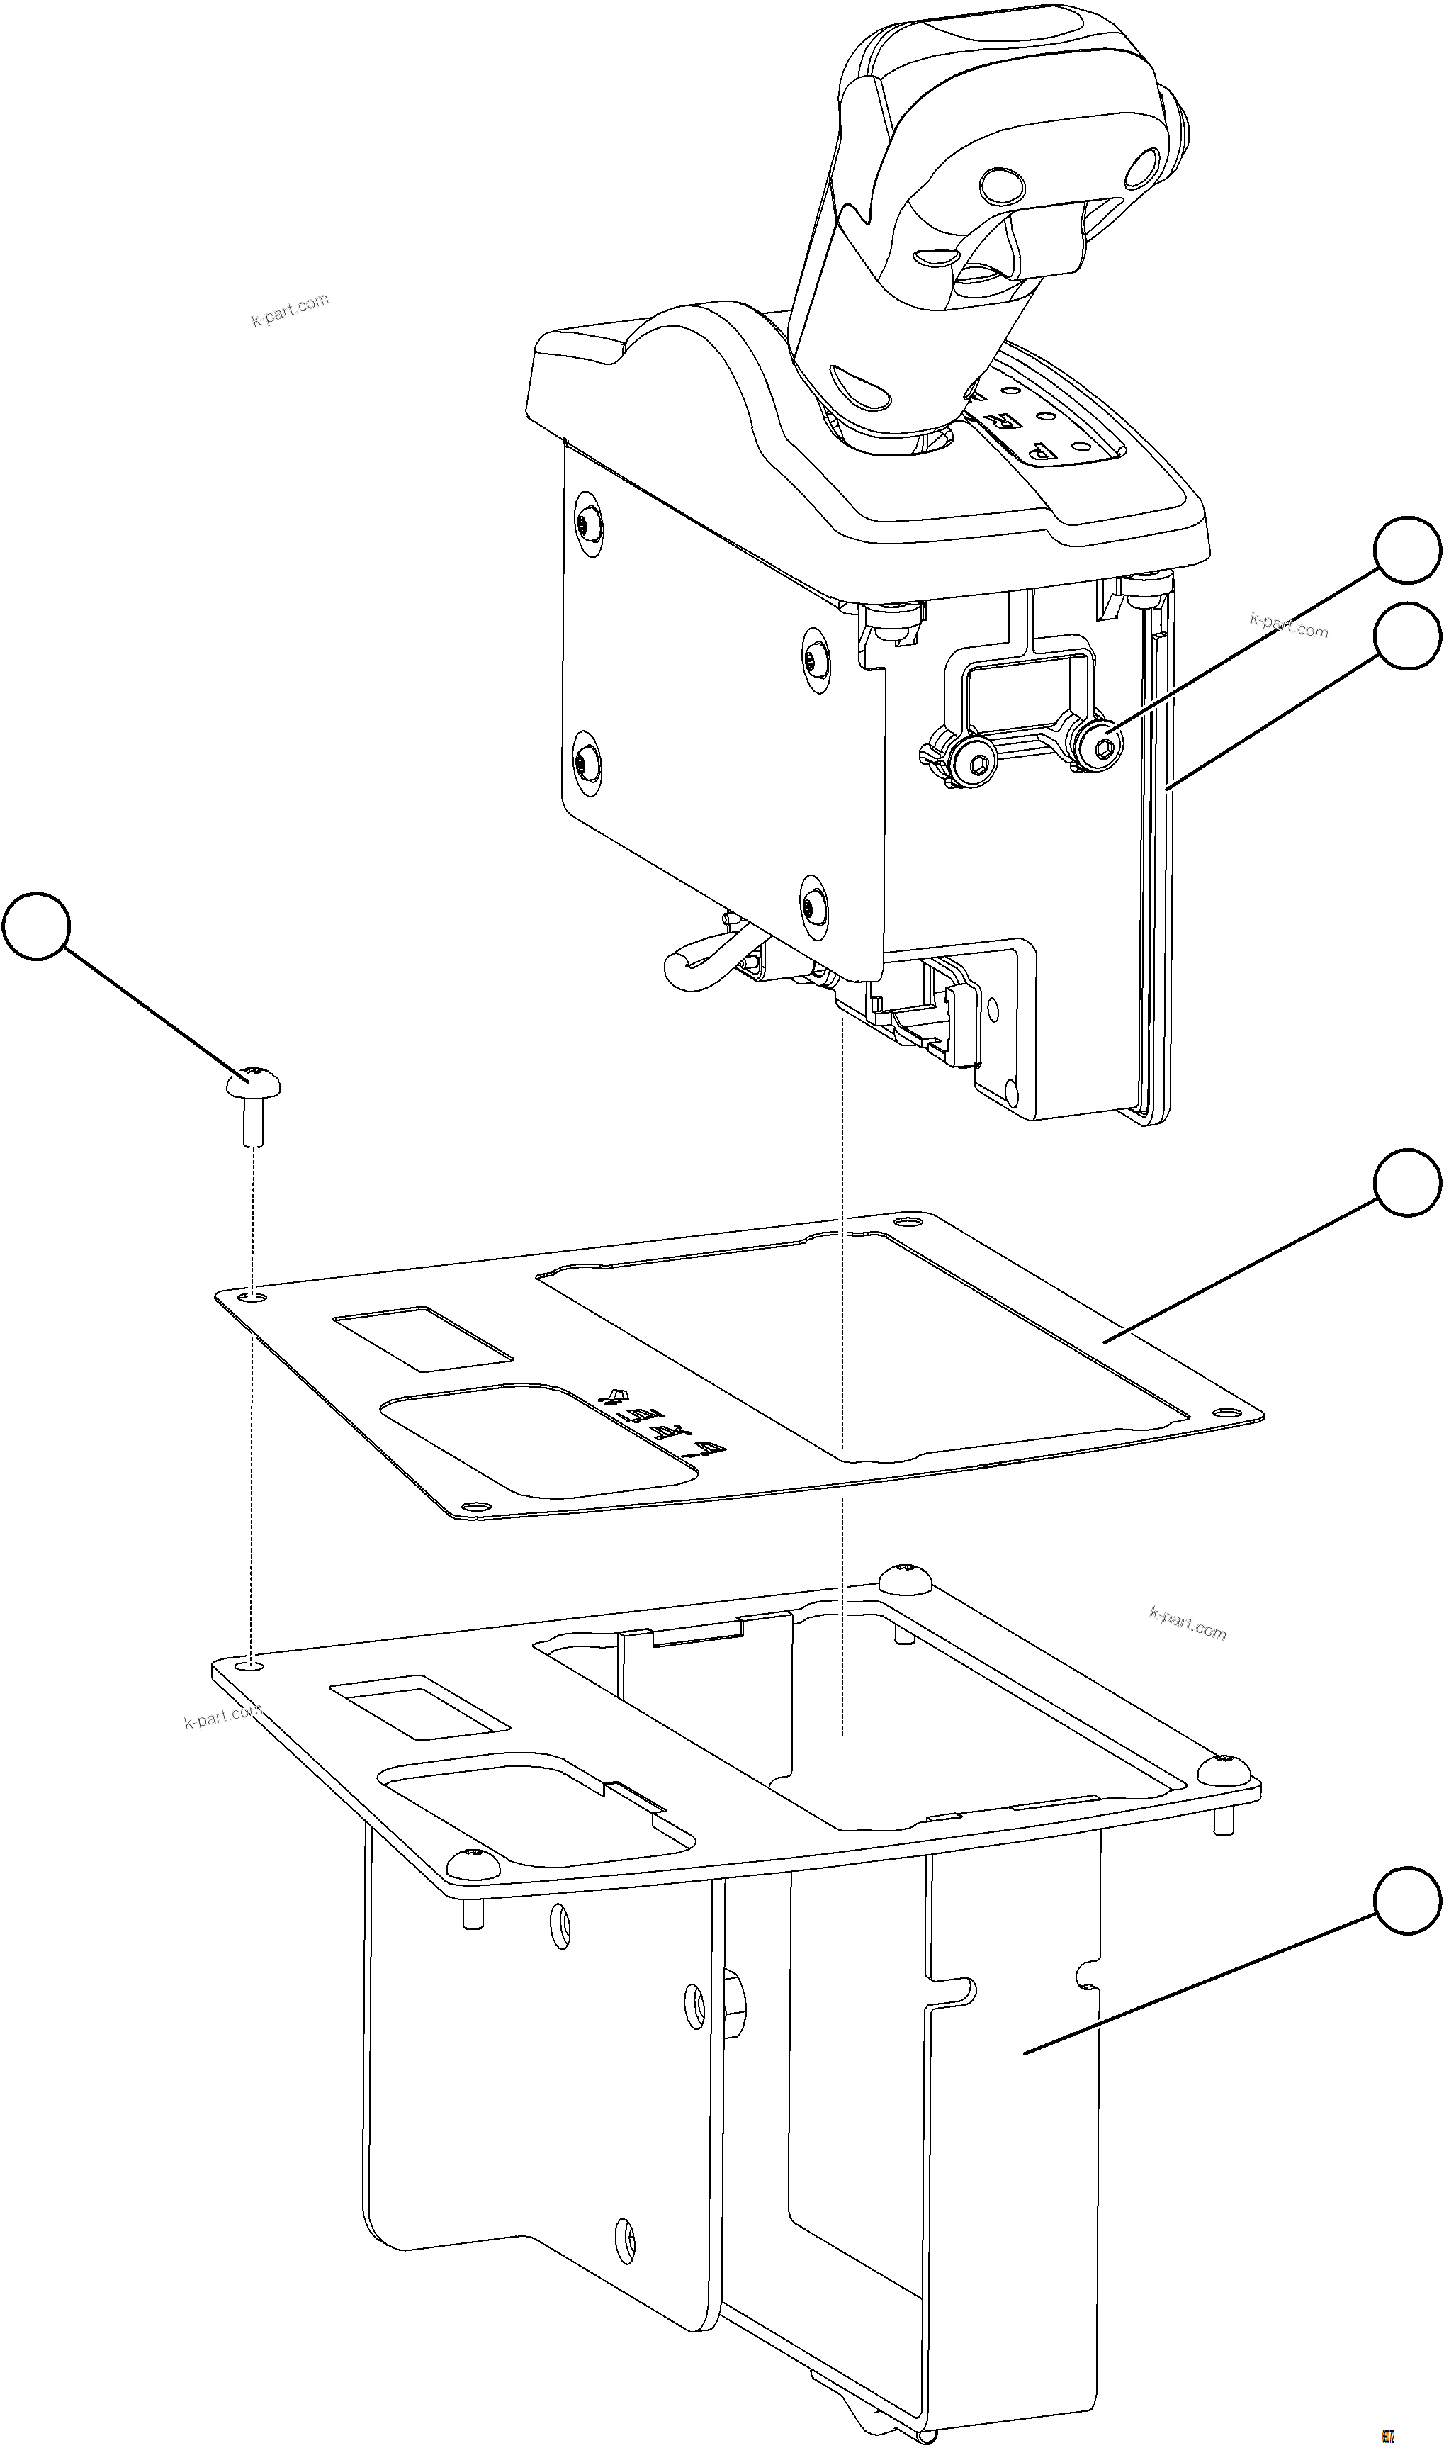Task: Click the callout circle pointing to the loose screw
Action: coord(36,926)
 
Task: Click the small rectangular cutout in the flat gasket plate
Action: coord(422,1338)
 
